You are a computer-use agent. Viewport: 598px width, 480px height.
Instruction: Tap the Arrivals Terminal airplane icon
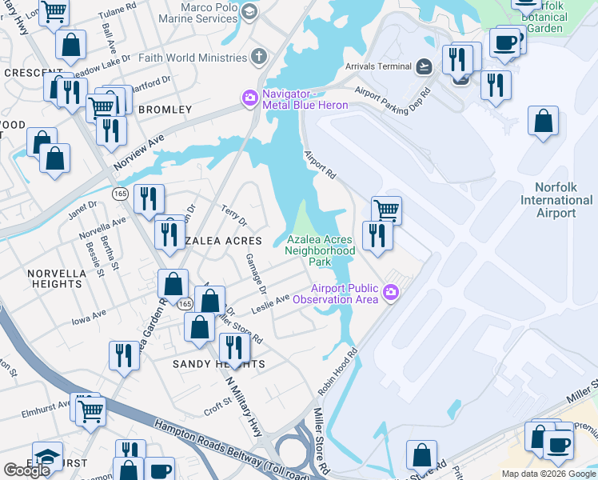click(424, 66)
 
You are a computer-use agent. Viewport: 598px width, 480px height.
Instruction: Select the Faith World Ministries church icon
click(258, 58)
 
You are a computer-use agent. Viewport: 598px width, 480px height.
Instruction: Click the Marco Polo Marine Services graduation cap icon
click(249, 11)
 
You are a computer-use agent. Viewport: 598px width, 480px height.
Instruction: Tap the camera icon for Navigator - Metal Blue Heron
click(249, 98)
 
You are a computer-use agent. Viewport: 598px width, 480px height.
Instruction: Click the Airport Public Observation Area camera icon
click(391, 293)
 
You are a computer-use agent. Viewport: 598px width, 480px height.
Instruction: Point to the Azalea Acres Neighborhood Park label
click(320, 250)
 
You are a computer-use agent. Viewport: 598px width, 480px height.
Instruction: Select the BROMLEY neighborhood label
click(165, 109)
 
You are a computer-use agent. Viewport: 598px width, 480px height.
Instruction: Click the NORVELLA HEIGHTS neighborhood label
click(57, 278)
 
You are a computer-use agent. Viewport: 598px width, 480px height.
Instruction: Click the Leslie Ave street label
click(271, 304)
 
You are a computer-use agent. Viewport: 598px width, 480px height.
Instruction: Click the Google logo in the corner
click(26, 470)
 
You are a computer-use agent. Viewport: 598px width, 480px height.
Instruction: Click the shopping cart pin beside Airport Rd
click(386, 210)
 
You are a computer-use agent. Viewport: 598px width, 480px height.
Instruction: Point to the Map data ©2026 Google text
click(548, 474)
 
